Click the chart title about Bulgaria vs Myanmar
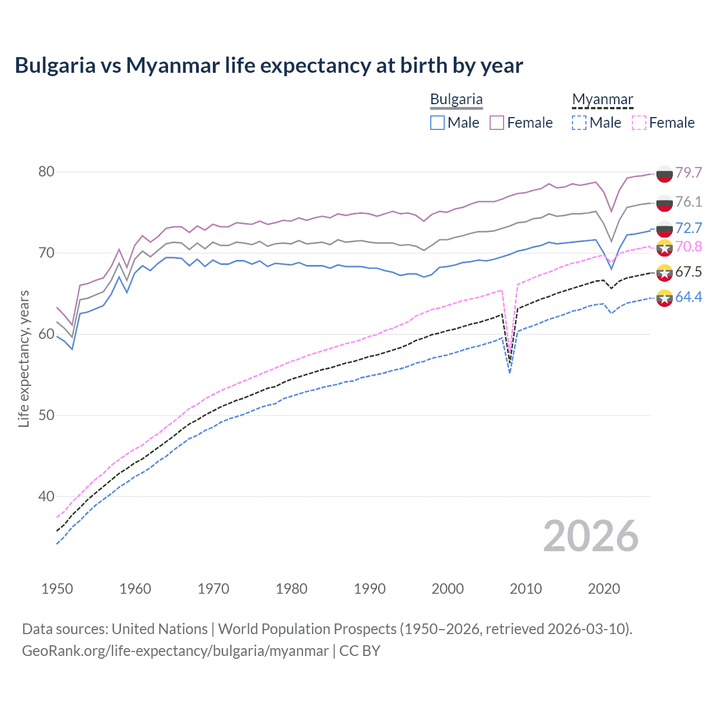pos(269,66)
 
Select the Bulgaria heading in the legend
pos(456,99)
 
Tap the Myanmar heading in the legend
pos(602,99)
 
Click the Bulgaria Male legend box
pos(437,123)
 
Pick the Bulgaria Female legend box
pos(497,123)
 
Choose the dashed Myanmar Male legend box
pos(579,123)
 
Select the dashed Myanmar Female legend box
pos(639,123)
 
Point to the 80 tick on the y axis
pos(46,171)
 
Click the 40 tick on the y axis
pos(46,496)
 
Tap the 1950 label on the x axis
pos(57,589)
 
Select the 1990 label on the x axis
pos(370,589)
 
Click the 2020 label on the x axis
pos(604,589)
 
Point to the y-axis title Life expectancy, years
pos(24,358)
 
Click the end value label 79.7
pos(688,173)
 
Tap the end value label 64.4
pos(688,297)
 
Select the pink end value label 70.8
pos(688,246)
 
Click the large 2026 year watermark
pos(591,536)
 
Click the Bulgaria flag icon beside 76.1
pos(664,203)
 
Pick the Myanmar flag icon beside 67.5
pos(664,273)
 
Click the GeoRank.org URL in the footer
pos(175,651)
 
